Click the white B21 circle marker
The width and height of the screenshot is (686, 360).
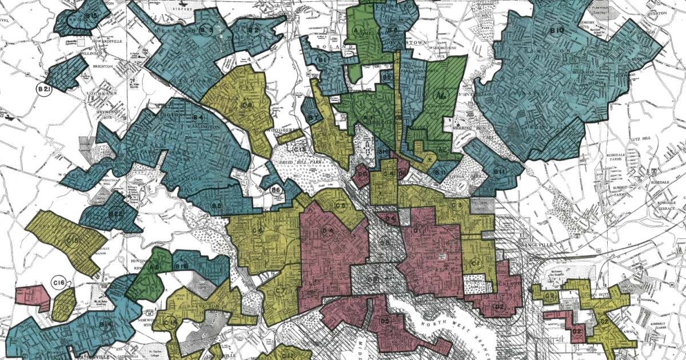[x=43, y=89]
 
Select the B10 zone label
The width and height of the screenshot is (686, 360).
[x=558, y=30]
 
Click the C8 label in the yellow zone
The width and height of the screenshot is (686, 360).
[x=247, y=105]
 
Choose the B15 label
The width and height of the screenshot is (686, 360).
[x=91, y=14]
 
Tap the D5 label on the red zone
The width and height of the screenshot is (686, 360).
[x=384, y=321]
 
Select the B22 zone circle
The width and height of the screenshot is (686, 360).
[x=116, y=214]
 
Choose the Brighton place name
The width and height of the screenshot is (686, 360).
[x=100, y=66]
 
